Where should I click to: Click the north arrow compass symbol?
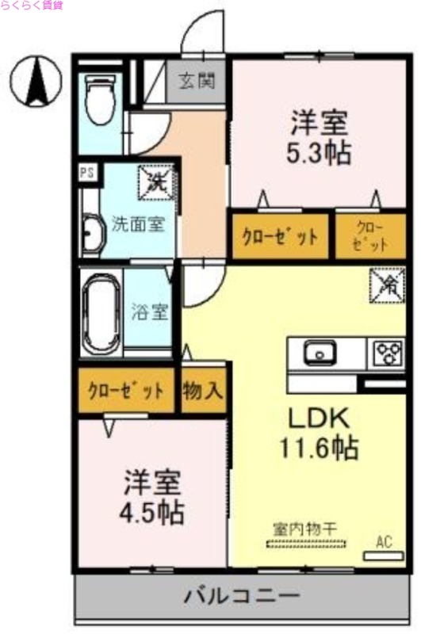[x=36, y=82]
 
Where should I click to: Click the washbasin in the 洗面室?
[x=92, y=235]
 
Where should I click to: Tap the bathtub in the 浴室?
[x=101, y=311]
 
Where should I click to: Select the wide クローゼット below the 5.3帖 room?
[x=280, y=236]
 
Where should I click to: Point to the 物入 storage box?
[x=203, y=391]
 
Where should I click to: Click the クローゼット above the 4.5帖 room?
[x=127, y=391]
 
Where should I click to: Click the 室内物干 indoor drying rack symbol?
[x=306, y=544]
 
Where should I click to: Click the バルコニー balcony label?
[x=242, y=594]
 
